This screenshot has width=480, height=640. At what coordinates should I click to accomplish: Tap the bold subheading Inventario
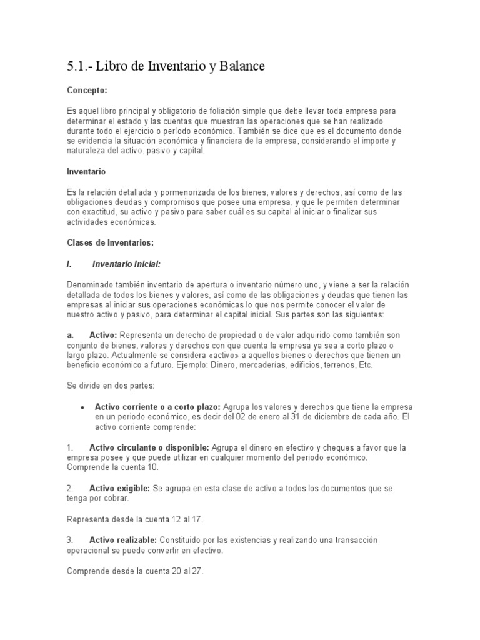[86, 171]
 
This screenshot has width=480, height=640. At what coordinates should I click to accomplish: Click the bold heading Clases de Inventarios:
[109, 242]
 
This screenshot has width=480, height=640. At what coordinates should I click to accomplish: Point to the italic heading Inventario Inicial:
[131, 264]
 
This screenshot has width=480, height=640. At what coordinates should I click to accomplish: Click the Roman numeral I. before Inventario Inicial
[69, 264]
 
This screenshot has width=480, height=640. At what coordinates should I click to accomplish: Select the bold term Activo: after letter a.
[104, 335]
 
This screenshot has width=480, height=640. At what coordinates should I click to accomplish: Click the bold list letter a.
[71, 335]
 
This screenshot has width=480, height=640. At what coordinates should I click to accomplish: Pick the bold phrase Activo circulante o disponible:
[149, 447]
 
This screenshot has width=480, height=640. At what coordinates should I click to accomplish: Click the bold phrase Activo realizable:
[124, 539]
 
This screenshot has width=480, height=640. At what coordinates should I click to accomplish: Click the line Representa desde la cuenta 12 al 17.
[135, 519]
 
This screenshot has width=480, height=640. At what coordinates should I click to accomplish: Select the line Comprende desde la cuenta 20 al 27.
[135, 571]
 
